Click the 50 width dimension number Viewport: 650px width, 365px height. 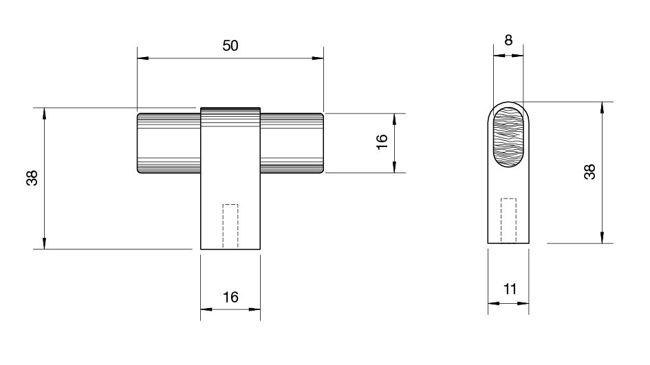pos(230,45)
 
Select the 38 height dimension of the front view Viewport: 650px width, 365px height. pos(32,178)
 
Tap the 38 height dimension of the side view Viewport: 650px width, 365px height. pos(589,172)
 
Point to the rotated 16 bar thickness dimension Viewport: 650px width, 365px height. pos(382,142)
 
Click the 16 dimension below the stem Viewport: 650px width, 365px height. pos(230,297)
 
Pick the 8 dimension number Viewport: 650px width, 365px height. pos(508,40)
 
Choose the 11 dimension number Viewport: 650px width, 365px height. pos(509,289)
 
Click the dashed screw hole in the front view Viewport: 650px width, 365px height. pos(230,225)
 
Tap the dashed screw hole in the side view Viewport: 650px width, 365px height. pos(509,219)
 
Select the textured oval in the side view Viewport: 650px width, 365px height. pos(509,137)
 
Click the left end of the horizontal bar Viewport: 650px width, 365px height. pos(140,143)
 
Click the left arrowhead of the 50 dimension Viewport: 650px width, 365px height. pos(142,58)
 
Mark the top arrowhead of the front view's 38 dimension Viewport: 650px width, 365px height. pos(45,112)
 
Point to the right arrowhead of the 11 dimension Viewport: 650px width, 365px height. pos(526,303)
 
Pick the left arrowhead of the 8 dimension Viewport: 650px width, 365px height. pos(497,54)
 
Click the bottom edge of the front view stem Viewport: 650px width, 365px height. pos(230,249)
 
